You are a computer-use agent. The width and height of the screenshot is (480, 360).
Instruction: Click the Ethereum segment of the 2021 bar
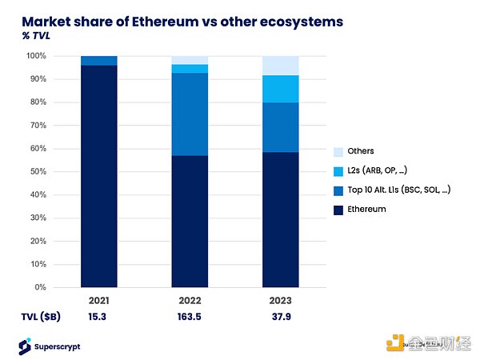(98, 176)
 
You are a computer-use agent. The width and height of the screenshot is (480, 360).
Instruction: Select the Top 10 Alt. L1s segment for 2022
(190, 114)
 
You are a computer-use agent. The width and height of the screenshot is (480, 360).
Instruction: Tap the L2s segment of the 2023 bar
(281, 89)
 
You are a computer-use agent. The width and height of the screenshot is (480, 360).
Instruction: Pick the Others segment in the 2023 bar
(281, 66)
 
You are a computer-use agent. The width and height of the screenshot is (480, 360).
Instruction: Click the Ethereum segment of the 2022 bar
(190, 221)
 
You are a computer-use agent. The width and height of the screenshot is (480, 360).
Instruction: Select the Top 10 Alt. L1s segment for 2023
(281, 127)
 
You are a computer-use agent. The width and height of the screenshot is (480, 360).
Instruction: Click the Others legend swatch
(338, 151)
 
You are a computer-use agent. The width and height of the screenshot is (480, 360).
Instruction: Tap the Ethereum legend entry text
(367, 209)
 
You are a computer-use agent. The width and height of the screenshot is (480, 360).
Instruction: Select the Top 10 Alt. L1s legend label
(393, 190)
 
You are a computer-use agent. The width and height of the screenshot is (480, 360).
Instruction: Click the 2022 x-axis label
(190, 301)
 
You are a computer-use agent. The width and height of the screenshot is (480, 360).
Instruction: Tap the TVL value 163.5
(190, 316)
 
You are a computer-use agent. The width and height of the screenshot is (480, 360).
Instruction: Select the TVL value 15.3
(98, 316)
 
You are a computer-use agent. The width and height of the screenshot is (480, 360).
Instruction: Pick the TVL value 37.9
(281, 316)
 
